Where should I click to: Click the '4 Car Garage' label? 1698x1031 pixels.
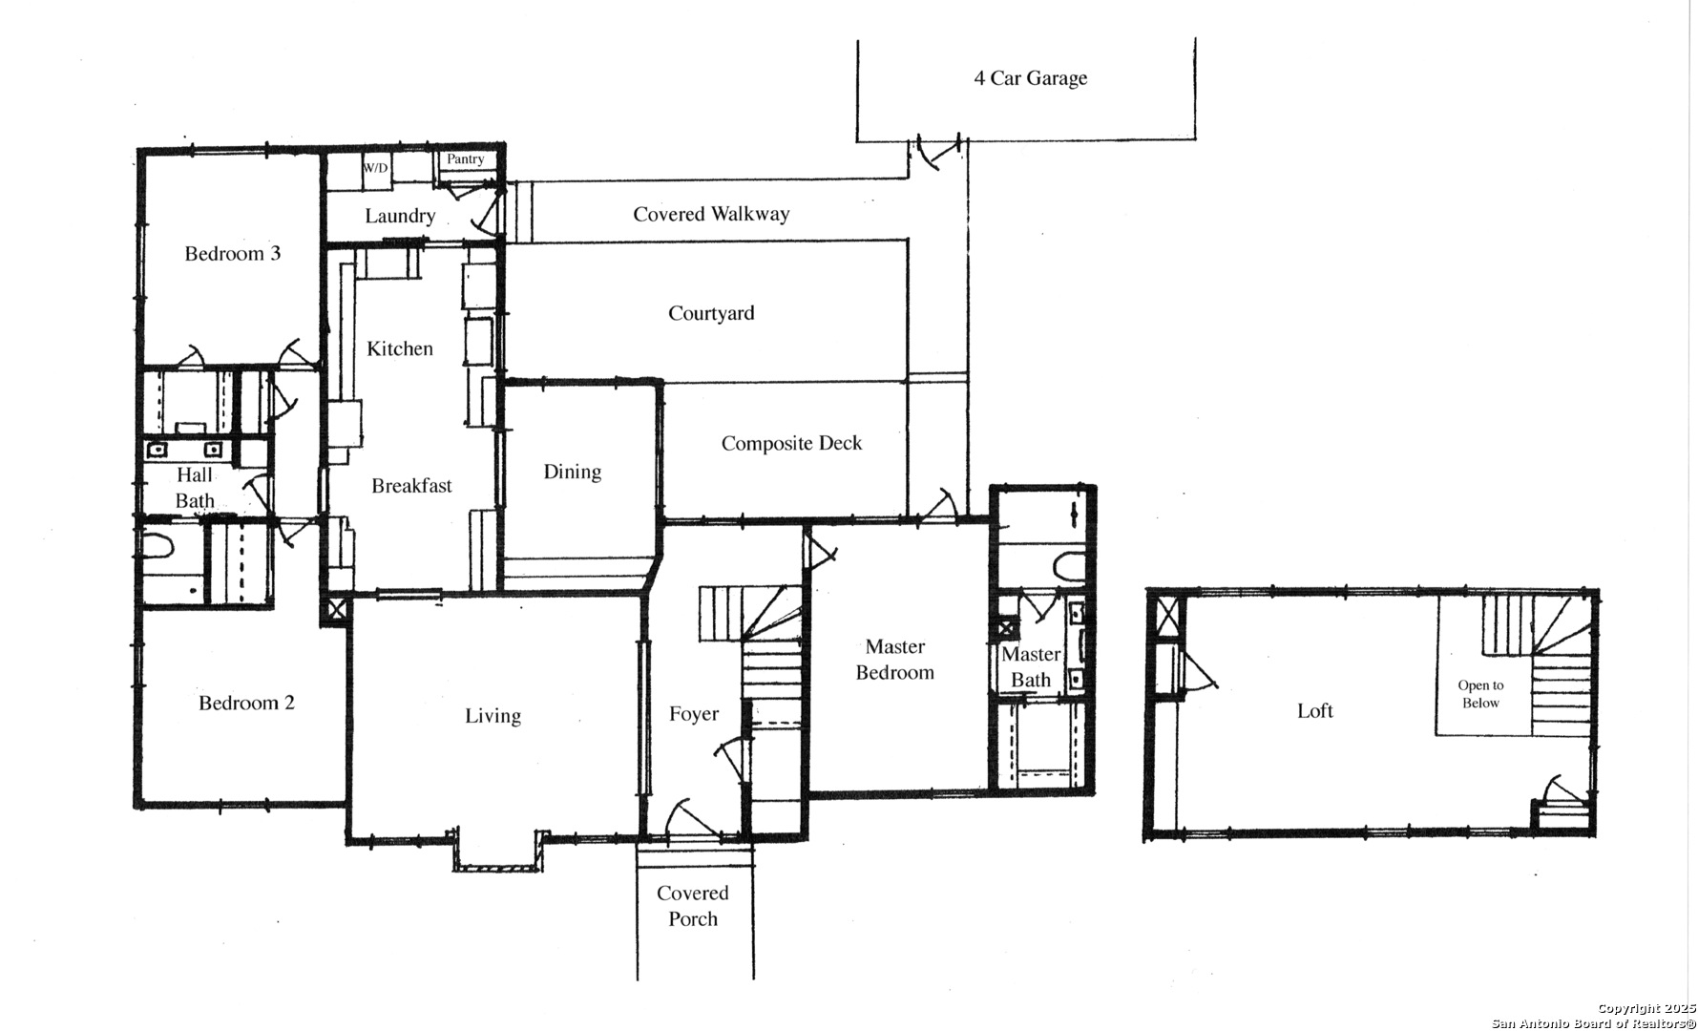1030,78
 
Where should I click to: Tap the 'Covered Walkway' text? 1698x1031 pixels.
711,214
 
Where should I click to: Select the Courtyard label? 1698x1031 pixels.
711,313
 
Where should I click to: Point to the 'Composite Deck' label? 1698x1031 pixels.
791,443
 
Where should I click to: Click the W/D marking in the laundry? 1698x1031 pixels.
375,168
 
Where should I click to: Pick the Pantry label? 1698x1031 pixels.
466,159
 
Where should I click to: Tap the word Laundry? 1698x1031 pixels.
400,216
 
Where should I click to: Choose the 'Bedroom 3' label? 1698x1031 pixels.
233,253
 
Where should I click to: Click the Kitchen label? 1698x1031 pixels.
400,348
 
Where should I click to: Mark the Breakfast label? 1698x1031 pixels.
411,486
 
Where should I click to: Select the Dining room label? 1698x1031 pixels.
572,472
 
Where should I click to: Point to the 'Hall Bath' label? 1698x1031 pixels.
195,488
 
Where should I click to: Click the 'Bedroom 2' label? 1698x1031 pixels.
246,704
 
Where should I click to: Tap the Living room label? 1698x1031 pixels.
493,716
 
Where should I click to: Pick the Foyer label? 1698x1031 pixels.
694,714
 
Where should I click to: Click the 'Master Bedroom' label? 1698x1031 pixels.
895,660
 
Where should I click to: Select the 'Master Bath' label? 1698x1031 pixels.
1031,667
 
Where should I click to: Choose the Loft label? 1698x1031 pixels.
1314,710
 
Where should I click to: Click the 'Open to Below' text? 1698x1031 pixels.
1480,694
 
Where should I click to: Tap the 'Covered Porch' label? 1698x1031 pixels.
693,906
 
